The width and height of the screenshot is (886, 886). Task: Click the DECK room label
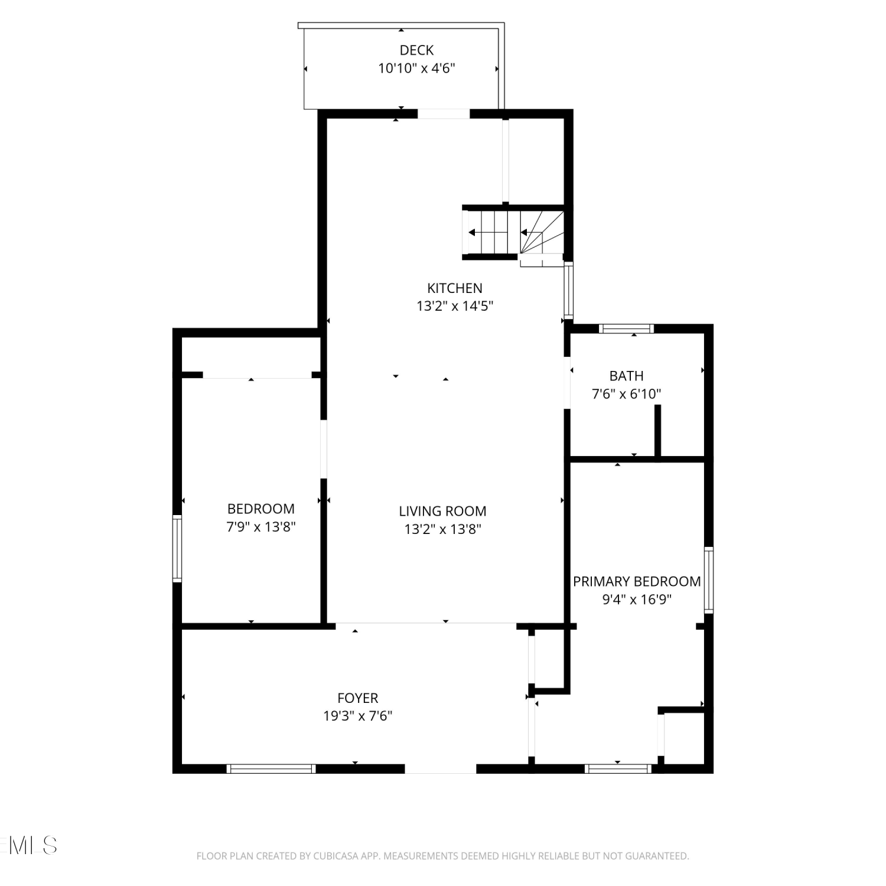(x=416, y=50)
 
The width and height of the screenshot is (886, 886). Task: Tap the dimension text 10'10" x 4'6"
(x=416, y=68)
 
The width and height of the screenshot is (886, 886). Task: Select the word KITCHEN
(x=455, y=288)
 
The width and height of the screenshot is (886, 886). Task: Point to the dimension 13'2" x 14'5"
(x=455, y=306)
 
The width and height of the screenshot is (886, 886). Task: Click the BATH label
(x=627, y=376)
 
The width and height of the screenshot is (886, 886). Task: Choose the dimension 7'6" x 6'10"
(x=627, y=393)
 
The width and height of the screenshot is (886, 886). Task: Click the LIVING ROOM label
(x=442, y=511)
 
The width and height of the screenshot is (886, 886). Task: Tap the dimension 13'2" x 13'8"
(x=442, y=529)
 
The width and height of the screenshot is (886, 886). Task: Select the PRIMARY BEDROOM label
(x=637, y=581)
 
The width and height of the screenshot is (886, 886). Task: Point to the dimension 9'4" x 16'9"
(x=637, y=599)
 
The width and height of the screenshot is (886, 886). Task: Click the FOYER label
(x=358, y=698)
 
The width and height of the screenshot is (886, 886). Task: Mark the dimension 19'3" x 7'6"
(x=358, y=716)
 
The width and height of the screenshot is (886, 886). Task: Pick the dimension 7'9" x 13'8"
(x=261, y=526)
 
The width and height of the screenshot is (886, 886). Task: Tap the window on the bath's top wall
(x=626, y=328)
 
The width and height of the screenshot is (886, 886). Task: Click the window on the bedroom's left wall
(x=177, y=548)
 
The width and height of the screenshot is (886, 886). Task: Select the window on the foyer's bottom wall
(x=271, y=768)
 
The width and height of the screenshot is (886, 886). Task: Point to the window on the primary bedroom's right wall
(x=709, y=580)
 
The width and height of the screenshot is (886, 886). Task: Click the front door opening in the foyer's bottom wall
(x=440, y=768)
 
